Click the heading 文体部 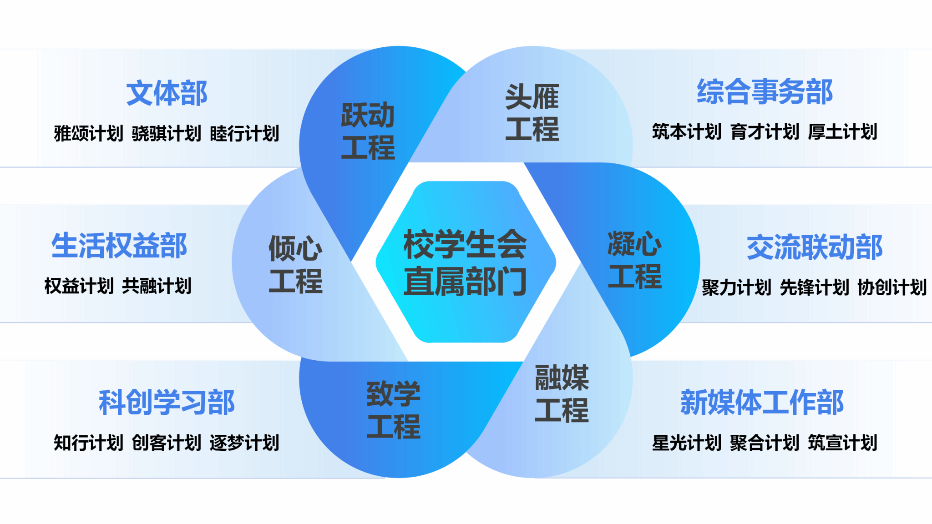[167, 93]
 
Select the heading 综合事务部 [765, 91]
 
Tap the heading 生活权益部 [119, 246]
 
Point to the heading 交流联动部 [815, 248]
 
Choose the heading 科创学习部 [167, 403]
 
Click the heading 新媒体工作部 [762, 403]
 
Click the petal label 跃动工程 [368, 131]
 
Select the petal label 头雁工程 [532, 113]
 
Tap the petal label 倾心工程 [295, 264]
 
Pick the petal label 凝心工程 [635, 260]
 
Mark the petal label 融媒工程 [562, 394]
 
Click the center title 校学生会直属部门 [465, 262]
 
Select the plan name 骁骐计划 [166, 134]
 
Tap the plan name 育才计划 [765, 132]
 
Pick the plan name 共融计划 [157, 286]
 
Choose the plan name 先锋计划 [814, 287]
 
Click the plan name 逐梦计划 [244, 443]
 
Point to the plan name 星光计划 [686, 443]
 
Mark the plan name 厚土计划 [842, 132]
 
